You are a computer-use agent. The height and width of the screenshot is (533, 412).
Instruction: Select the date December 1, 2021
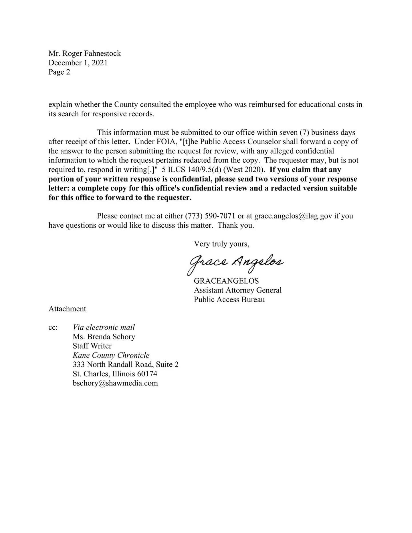[x=78, y=63]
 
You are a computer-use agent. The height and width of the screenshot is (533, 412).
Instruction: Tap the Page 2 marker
[x=59, y=72]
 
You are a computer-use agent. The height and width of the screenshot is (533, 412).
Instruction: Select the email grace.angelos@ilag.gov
[x=293, y=216]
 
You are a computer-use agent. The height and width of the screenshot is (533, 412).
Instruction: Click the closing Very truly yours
[x=221, y=244]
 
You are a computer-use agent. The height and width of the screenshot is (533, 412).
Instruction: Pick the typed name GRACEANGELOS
[x=226, y=281]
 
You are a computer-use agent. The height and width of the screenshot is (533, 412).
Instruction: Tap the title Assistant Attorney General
[x=237, y=290]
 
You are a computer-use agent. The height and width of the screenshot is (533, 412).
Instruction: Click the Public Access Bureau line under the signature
[x=229, y=300]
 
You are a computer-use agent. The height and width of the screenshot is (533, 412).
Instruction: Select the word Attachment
[x=67, y=309]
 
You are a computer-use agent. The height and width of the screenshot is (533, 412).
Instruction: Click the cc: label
[x=53, y=327]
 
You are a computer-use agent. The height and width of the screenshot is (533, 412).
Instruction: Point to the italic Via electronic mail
[x=104, y=327]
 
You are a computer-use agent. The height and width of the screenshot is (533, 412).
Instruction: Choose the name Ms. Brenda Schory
[x=104, y=337]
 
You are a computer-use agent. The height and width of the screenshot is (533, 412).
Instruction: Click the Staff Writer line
[x=92, y=346]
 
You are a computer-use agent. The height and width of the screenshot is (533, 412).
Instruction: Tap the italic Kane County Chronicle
[x=111, y=355]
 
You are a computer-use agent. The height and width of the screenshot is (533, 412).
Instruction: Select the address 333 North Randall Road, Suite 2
[x=126, y=365]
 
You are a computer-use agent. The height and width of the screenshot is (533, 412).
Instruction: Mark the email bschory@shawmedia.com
[x=115, y=383]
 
